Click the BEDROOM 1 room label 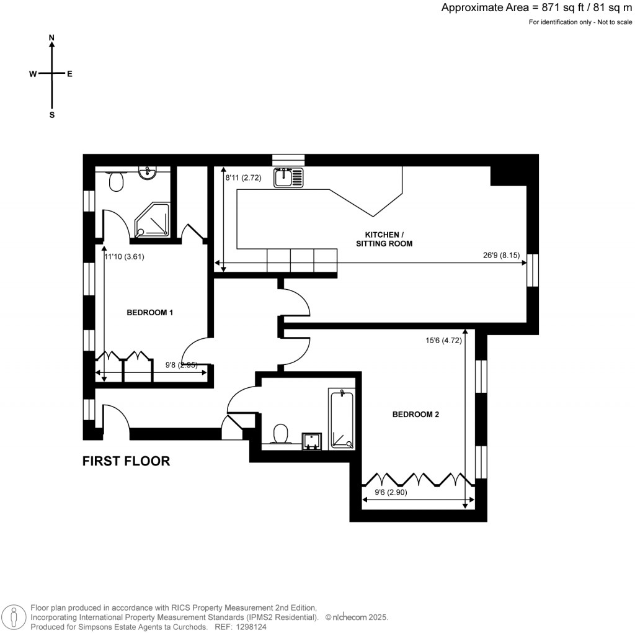point(149,312)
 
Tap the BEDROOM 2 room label point(415,414)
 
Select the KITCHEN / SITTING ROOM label point(384,239)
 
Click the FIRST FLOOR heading point(127,461)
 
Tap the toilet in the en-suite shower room point(115,181)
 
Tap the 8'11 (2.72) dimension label point(243,177)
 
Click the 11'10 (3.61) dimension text point(124,256)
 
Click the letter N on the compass point(51,38)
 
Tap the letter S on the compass point(52,115)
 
